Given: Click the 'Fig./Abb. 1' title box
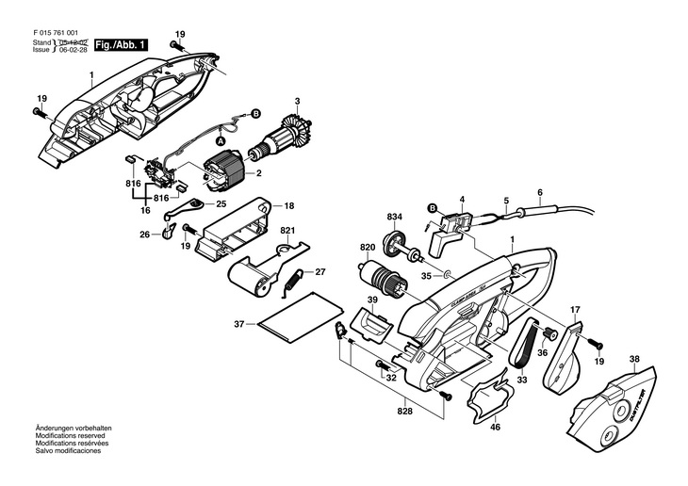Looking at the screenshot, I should pyautogui.click(x=121, y=43).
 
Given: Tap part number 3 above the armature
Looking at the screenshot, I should pyautogui.click(x=297, y=102).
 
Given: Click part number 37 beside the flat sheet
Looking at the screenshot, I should pyautogui.click(x=239, y=325).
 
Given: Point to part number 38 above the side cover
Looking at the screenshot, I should pyautogui.click(x=634, y=359).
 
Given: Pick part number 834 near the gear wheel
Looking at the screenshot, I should pyautogui.click(x=395, y=218).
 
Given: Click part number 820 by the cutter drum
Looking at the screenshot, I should pyautogui.click(x=367, y=249).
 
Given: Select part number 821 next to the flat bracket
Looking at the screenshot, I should pyautogui.click(x=287, y=231).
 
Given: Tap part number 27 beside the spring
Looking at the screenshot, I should pyautogui.click(x=320, y=272).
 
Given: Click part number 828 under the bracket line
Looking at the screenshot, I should pyautogui.click(x=405, y=412).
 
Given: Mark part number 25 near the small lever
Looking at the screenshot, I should pyautogui.click(x=221, y=203).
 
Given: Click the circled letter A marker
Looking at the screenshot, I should pyautogui.click(x=233, y=138).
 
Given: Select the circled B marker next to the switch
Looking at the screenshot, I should pyautogui.click(x=433, y=208).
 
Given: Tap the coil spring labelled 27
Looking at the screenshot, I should pyautogui.click(x=295, y=278).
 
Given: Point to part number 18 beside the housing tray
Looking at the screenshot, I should pyautogui.click(x=289, y=205).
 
